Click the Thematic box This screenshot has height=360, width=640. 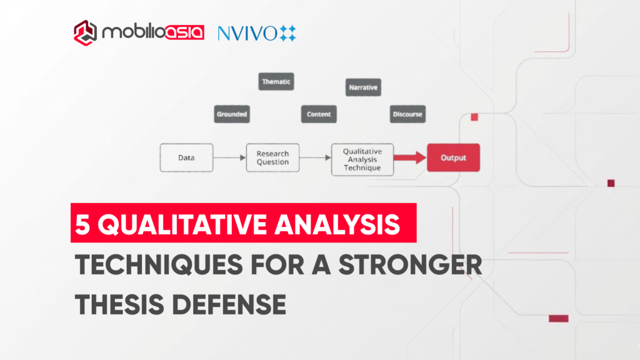pyautogui.click(x=276, y=82)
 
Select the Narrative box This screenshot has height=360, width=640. pyautogui.click(x=363, y=87)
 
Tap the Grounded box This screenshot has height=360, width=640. pyautogui.click(x=232, y=114)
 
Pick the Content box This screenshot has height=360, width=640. pyautogui.click(x=319, y=114)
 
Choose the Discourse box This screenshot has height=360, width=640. pyautogui.click(x=407, y=114)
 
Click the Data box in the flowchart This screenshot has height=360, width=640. pyautogui.click(x=186, y=157)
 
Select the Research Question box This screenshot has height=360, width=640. pyautogui.click(x=272, y=157)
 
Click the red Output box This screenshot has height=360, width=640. pyautogui.click(x=453, y=157)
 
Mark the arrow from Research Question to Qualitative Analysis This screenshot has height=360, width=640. pyautogui.click(x=315, y=157)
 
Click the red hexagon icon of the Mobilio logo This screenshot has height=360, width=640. pyautogui.click(x=85, y=31)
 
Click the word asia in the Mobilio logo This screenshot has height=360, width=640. pyautogui.click(x=182, y=32)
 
